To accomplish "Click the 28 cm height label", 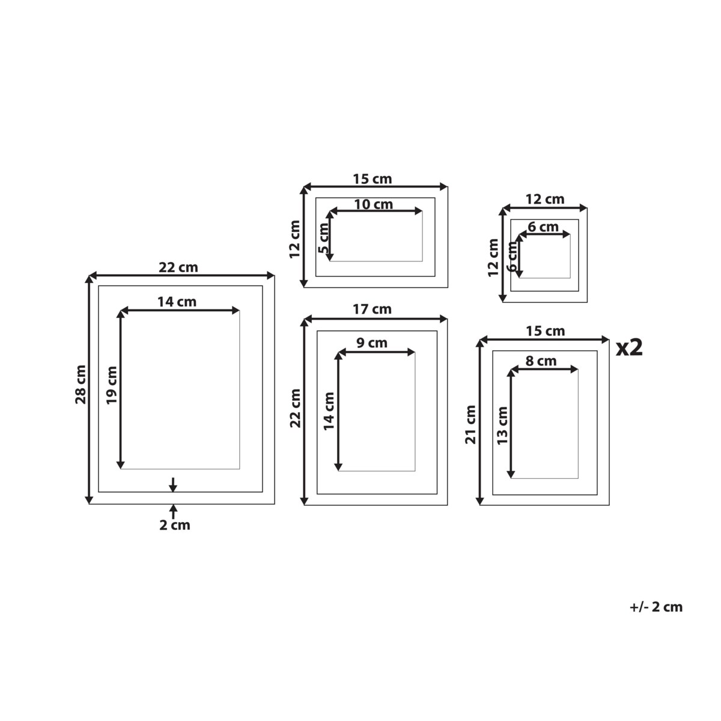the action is (81, 385).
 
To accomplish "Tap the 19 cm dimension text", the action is (112, 385).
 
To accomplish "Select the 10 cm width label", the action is (373, 205).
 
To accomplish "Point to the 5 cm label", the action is (324, 238).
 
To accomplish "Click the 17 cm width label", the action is (372, 309).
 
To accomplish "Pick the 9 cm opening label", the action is (371, 342).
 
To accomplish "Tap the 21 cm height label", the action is (470, 425).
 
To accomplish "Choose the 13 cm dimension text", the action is (502, 425).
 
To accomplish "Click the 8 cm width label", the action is (541, 361).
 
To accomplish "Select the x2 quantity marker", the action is (629, 348).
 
